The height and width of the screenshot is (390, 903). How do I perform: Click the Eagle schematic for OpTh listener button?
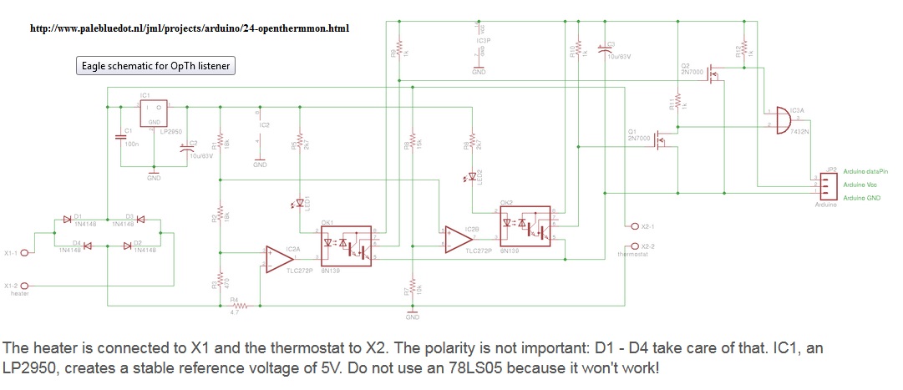[x=156, y=66]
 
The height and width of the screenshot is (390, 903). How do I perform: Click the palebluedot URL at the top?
[x=190, y=28]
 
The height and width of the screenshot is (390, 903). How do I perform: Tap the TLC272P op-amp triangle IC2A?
[x=273, y=258]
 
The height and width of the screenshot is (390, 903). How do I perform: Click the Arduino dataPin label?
[x=865, y=170]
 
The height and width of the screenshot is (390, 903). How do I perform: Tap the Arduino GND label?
[x=862, y=197]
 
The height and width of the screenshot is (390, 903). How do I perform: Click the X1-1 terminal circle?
[x=25, y=253]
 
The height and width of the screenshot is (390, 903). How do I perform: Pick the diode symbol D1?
[x=67, y=220]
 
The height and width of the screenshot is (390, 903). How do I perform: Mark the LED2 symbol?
[x=472, y=175]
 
